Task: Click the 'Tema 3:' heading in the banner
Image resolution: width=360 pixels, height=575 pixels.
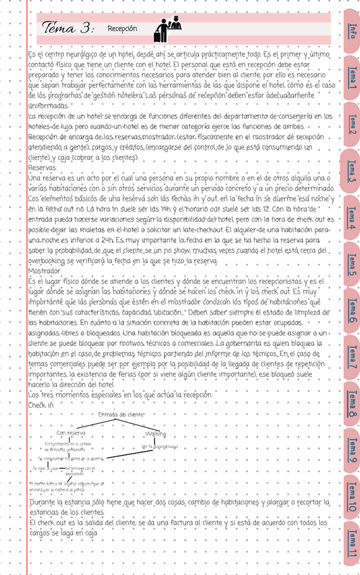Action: point(68,28)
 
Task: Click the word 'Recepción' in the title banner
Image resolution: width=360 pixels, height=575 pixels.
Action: point(122,29)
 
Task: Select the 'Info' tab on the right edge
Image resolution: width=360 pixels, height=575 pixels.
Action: point(352,31)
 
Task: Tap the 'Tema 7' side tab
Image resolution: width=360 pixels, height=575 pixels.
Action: point(352,357)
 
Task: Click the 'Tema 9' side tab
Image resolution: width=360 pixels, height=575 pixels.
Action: point(352,452)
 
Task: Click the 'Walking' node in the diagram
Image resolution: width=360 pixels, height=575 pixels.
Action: point(155,433)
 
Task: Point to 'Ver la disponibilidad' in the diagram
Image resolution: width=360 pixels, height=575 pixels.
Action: point(159,447)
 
